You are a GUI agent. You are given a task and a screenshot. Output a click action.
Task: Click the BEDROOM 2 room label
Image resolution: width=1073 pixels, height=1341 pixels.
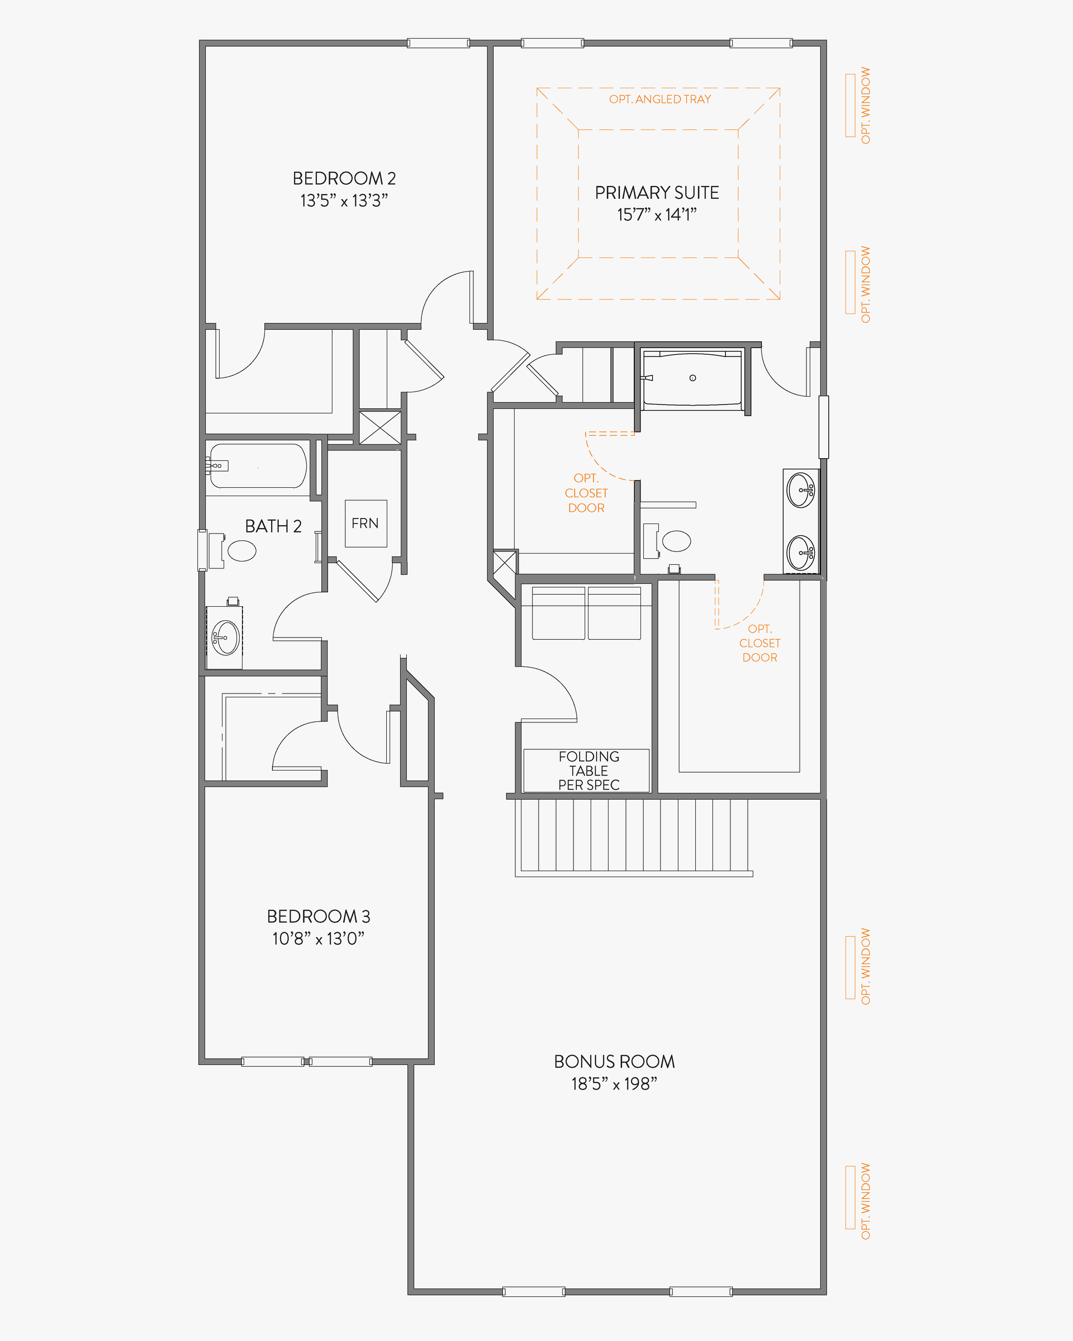click(x=344, y=178)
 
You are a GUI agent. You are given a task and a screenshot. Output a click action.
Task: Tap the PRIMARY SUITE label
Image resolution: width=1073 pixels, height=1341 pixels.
click(x=657, y=193)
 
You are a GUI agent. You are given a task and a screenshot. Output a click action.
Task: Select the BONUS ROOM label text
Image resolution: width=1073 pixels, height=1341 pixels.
click(x=615, y=1062)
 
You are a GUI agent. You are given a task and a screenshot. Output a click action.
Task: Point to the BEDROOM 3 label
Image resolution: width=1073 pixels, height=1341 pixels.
click(x=319, y=916)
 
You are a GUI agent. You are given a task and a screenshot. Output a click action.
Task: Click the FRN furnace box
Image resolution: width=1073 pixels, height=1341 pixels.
click(x=365, y=523)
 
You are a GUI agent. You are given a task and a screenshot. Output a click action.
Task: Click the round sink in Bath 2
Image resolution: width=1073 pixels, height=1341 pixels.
click(x=226, y=638)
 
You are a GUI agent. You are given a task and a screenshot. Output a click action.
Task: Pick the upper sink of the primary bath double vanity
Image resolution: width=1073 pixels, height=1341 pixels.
click(x=800, y=490)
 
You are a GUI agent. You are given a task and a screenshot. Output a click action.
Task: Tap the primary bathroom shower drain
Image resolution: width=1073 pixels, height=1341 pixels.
click(x=693, y=378)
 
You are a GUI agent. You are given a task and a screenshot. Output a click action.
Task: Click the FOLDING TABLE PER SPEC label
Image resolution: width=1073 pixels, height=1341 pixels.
click(x=588, y=771)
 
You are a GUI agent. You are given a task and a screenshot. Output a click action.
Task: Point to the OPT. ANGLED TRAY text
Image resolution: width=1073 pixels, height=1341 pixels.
click(x=660, y=99)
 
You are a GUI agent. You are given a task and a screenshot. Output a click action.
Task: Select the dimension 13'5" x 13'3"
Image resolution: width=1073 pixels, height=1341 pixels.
click(x=344, y=200)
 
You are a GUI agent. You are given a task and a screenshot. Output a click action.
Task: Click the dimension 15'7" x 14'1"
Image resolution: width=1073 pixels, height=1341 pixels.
click(x=657, y=215)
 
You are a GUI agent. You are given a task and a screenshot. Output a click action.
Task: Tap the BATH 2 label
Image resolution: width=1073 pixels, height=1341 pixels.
click(x=273, y=526)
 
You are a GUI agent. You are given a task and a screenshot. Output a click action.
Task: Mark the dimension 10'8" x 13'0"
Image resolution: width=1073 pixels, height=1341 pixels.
click(x=319, y=939)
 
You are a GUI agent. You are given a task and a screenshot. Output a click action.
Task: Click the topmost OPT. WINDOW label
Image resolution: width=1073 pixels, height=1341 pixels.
click(x=865, y=106)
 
